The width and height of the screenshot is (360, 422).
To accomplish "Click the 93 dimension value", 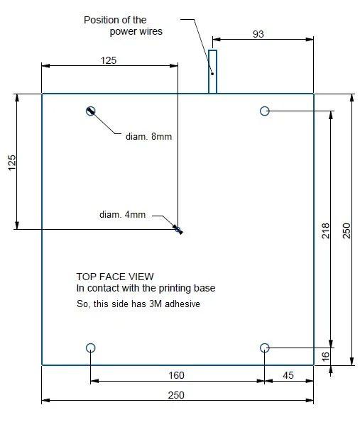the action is click(x=258, y=34).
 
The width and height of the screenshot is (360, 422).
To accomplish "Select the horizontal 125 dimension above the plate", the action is click(x=109, y=60).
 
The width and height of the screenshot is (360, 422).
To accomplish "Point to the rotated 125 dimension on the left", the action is click(x=12, y=162).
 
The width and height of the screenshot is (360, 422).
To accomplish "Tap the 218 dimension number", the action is click(x=326, y=231).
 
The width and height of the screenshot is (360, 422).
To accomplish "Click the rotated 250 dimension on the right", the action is click(x=347, y=231).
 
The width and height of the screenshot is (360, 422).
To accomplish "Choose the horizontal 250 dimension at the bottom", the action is click(x=176, y=395).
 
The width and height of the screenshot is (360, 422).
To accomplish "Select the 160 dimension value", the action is click(x=177, y=375).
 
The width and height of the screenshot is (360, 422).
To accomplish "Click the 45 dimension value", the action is click(x=288, y=375).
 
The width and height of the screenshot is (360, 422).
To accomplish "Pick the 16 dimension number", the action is click(x=326, y=356).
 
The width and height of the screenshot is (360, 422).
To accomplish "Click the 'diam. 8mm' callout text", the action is click(x=148, y=136).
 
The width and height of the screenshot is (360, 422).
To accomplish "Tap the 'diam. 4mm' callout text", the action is click(x=123, y=214).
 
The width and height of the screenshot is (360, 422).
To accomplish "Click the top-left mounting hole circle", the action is click(x=91, y=106).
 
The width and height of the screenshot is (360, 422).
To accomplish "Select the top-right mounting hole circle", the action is click(x=265, y=106).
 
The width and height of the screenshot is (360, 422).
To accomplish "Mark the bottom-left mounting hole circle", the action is click(x=91, y=343).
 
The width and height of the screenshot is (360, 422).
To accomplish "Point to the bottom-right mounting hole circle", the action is click(x=265, y=343).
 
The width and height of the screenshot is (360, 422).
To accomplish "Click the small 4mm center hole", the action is click(x=178, y=230).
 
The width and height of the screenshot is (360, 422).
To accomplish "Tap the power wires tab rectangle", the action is click(x=209, y=72).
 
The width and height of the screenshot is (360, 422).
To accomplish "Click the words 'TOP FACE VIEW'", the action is click(x=115, y=277).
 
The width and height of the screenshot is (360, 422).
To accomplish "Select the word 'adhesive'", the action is click(x=182, y=304).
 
